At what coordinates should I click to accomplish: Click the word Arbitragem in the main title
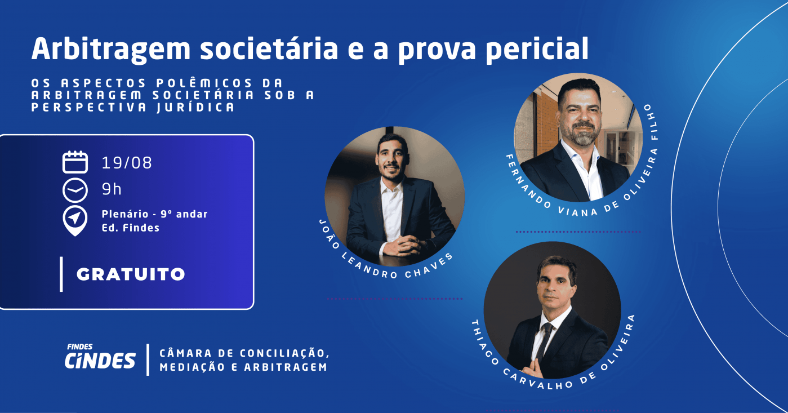(x=111, y=50)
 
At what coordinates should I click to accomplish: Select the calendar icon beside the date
(x=75, y=162)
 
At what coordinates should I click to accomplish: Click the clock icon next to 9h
(x=75, y=190)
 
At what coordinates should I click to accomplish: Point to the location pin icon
(x=75, y=221)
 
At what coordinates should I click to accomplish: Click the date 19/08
(x=127, y=163)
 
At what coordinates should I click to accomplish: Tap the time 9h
(x=112, y=189)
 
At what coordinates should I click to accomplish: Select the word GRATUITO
(x=131, y=274)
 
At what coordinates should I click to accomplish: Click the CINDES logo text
(x=100, y=361)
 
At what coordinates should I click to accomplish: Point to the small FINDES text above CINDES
(x=80, y=347)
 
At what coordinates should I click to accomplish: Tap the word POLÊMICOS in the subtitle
(x=204, y=83)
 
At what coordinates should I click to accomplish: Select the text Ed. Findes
(x=131, y=228)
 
